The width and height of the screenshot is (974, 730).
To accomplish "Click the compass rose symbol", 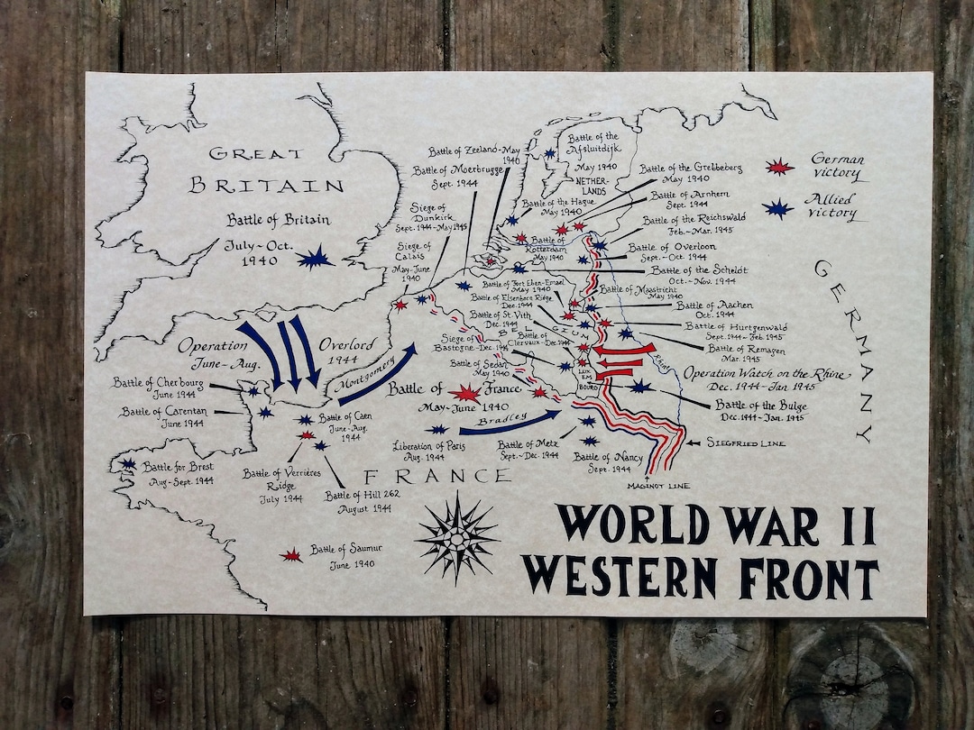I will click(456, 538).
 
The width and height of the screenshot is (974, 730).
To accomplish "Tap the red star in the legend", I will click(779, 167).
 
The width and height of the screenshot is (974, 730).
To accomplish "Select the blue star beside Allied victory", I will click(777, 209).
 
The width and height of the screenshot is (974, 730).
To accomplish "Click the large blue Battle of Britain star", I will click(314, 258).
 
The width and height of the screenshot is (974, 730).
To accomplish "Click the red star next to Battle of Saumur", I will click(290, 556).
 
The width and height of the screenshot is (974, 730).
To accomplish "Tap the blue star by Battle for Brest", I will click(128, 464).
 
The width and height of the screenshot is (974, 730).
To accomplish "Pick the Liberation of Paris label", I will click(430, 452).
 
